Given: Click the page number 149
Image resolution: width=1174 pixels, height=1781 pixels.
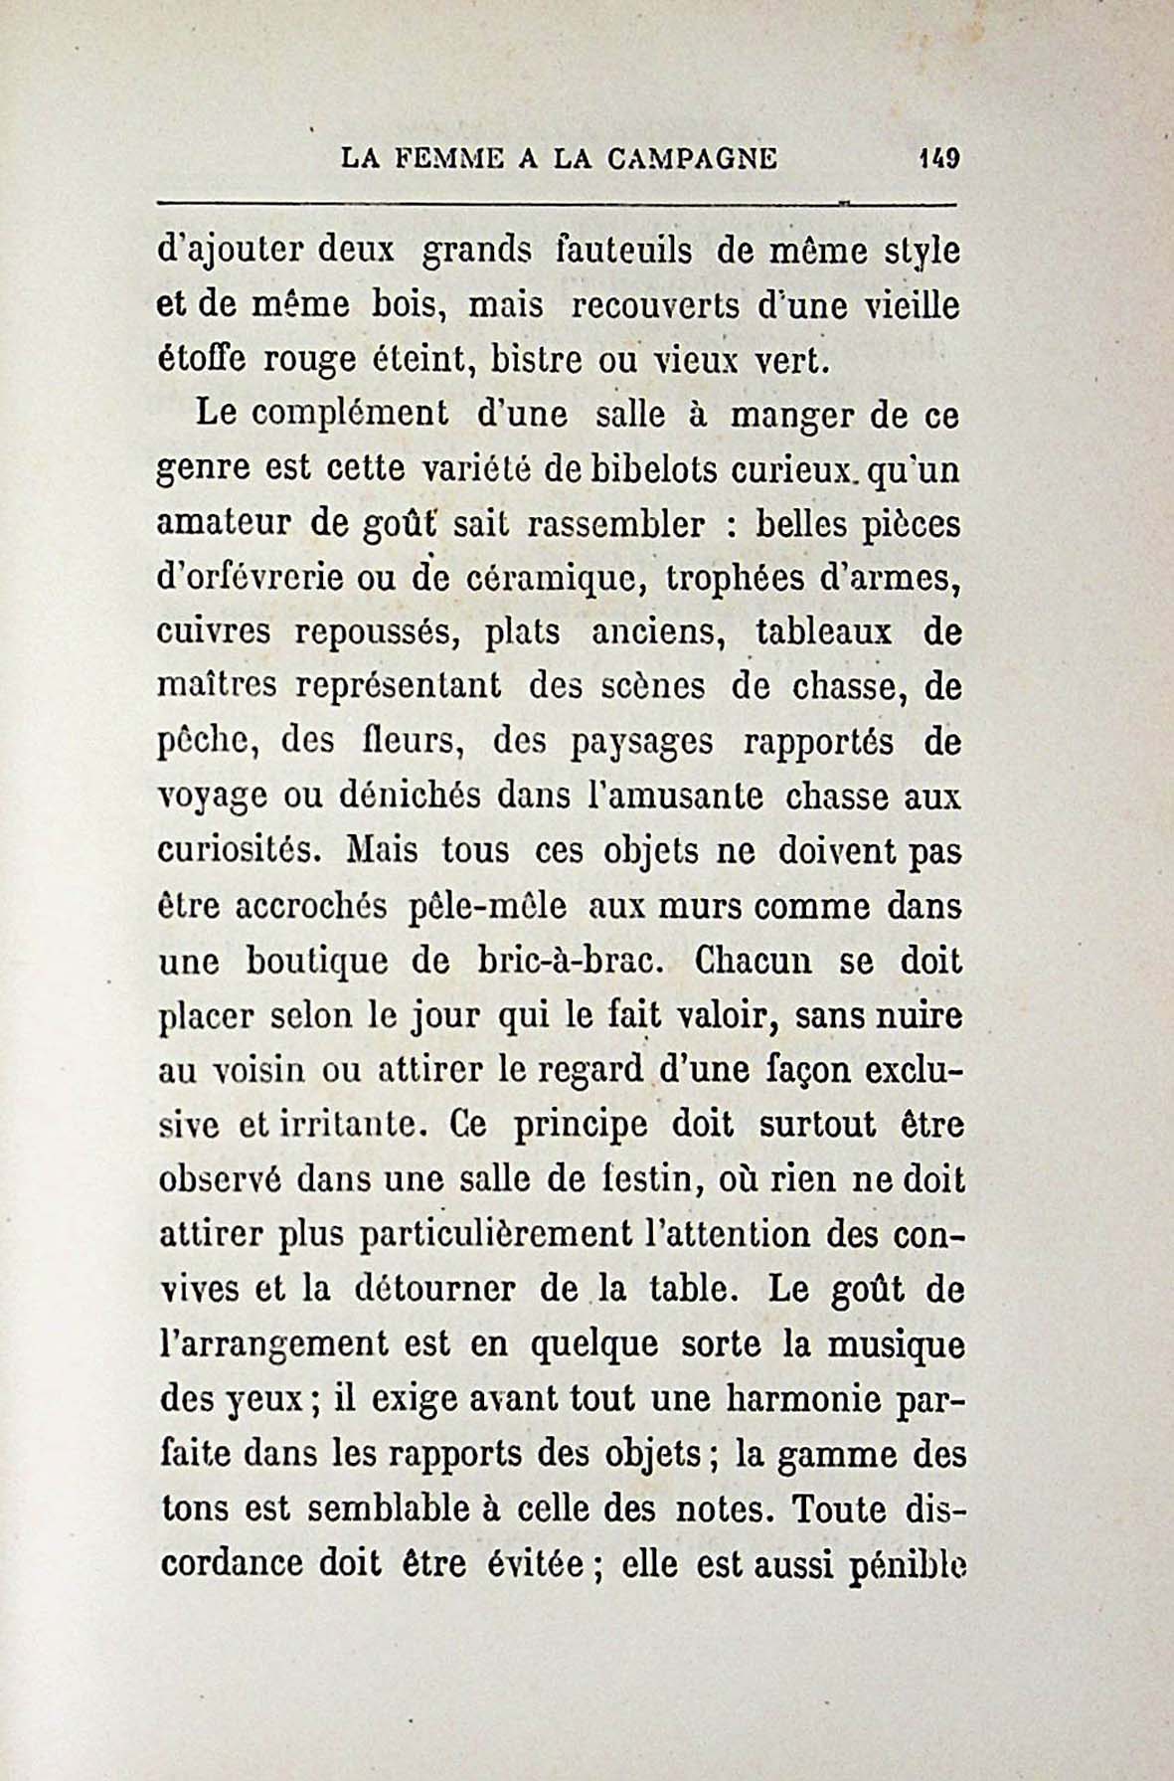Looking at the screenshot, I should (x=937, y=158).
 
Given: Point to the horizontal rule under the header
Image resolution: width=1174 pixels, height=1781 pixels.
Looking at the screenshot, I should (x=557, y=205).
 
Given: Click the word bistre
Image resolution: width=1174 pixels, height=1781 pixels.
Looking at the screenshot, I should (x=528, y=358).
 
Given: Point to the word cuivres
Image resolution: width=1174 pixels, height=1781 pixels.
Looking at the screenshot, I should (x=214, y=632).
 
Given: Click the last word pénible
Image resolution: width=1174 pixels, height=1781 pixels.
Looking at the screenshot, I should (x=909, y=1564).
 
